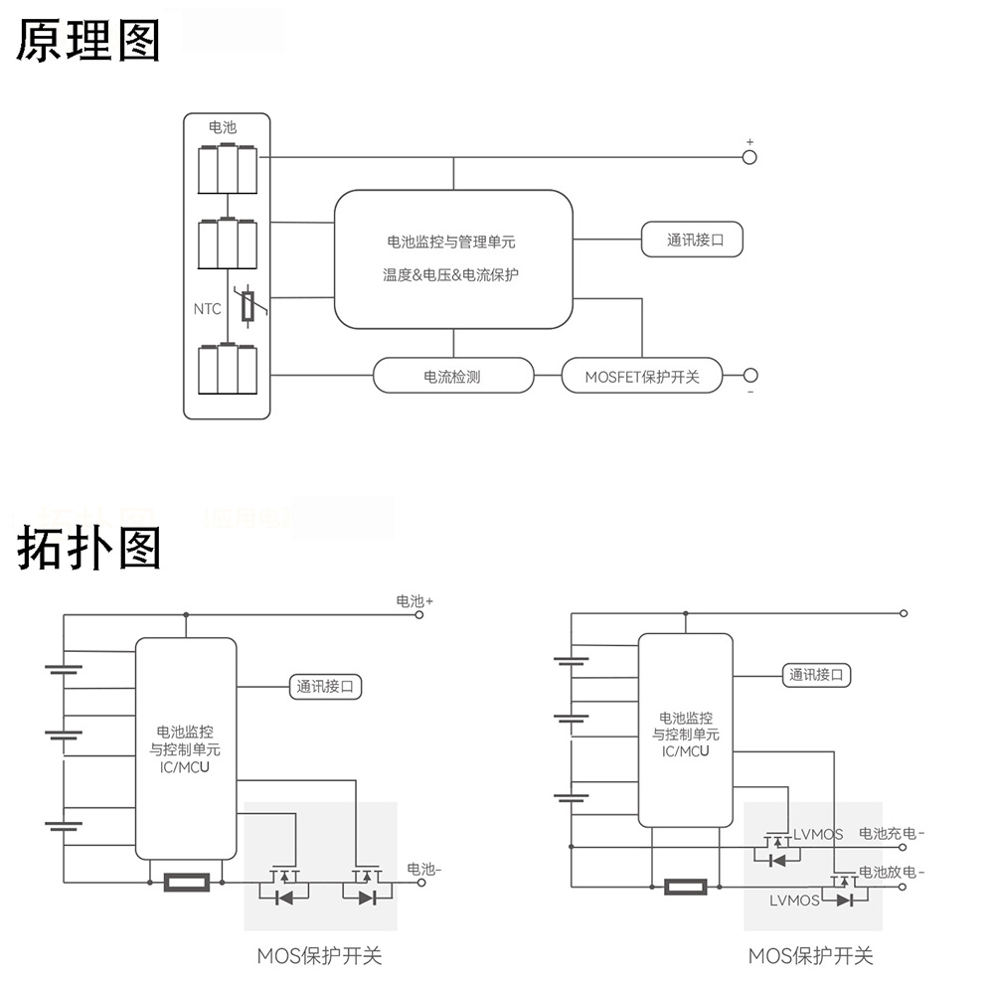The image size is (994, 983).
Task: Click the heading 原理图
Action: pos(87,41)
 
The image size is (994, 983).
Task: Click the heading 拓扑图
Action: pos(87,549)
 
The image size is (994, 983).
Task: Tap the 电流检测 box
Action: pos(452,377)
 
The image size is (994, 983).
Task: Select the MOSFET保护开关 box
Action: pos(642,377)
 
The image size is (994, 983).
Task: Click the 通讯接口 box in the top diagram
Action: pos(691,240)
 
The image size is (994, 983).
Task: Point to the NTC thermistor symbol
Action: pos(248,306)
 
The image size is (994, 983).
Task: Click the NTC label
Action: pos(207,309)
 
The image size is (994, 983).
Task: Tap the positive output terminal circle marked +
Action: pos(749,157)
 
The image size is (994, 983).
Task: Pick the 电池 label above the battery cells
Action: pos(223,127)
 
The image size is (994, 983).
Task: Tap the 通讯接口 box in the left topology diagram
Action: pos(325,686)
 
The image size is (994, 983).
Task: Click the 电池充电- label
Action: pos(891,834)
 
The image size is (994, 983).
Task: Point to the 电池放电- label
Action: pos(891,873)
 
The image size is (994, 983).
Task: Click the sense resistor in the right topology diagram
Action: pos(686,887)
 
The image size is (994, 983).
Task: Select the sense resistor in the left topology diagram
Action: pos(186,881)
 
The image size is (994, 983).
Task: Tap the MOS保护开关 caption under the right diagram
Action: pos(810,956)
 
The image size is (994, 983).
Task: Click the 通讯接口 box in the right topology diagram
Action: pos(816,675)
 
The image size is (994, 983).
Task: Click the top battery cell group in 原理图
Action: pos(228,170)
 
